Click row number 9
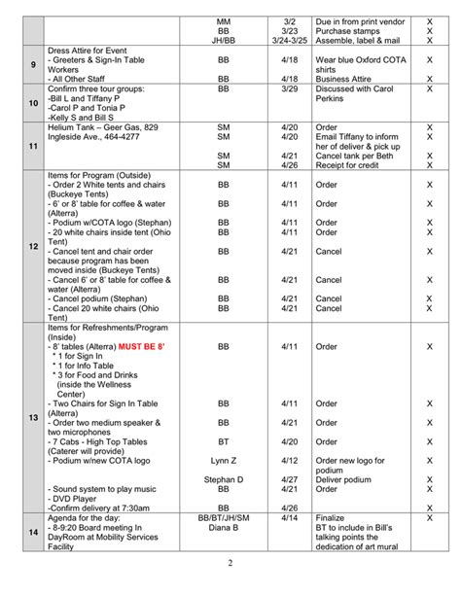pyautogui.click(x=33, y=64)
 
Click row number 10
pyautogui.click(x=33, y=101)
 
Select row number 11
pyautogui.click(x=33, y=146)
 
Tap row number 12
pyautogui.click(x=33, y=247)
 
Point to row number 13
pyautogui.click(x=33, y=417)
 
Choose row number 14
pyautogui.click(x=33, y=532)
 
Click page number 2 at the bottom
pyautogui.click(x=230, y=564)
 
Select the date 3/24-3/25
pyautogui.click(x=290, y=41)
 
